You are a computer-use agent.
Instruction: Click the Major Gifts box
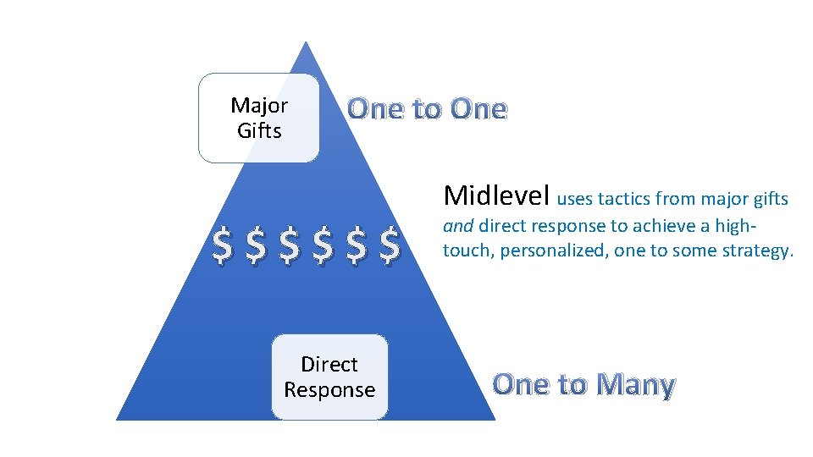[259, 118]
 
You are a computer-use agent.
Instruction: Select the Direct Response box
[329, 377]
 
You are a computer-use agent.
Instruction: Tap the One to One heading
[427, 109]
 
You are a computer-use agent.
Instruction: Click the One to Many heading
[583, 384]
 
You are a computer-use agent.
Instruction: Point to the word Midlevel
[497, 195]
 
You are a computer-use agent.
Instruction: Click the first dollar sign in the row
[221, 245]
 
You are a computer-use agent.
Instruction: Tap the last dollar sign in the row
[390, 245]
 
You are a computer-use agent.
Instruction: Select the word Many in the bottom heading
[635, 384]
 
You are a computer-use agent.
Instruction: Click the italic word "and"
[458, 226]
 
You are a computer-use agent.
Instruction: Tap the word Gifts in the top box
[259, 131]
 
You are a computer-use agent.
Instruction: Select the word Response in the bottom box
[329, 390]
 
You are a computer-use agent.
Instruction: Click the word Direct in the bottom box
[329, 364]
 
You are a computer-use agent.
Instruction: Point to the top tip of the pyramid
[307, 42]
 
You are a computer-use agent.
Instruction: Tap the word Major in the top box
[259, 106]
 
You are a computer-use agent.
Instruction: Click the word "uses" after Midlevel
[575, 200]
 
